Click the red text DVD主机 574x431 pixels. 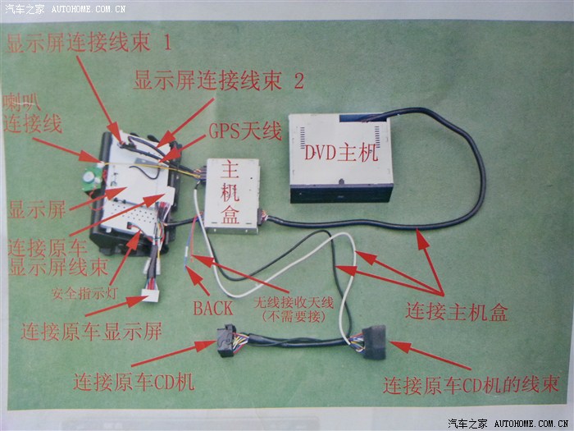pyautogui.click(x=341, y=153)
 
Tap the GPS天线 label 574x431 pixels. pyautogui.click(x=245, y=131)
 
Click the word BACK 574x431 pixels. pyautogui.click(x=213, y=308)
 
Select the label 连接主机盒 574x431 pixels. pyautogui.click(x=457, y=312)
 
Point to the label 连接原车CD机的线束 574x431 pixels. pyautogui.click(x=471, y=385)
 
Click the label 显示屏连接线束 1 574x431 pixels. pyautogui.click(x=89, y=43)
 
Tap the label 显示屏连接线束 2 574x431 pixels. pyautogui.click(x=219, y=80)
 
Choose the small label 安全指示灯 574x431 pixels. pyautogui.click(x=84, y=293)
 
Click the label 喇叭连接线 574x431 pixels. pyautogui.click(x=32, y=113)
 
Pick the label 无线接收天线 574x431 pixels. pyautogui.click(x=294, y=302)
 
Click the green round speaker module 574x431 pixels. pyautogui.click(x=90, y=178)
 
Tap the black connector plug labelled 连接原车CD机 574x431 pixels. pyautogui.click(x=225, y=340)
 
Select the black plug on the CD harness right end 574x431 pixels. pyautogui.click(x=374, y=342)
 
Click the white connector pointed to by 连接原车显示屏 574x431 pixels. pyautogui.click(x=150, y=296)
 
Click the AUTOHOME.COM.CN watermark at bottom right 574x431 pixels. pyautogui.click(x=531, y=424)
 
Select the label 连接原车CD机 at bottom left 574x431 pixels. pyautogui.click(x=134, y=383)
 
